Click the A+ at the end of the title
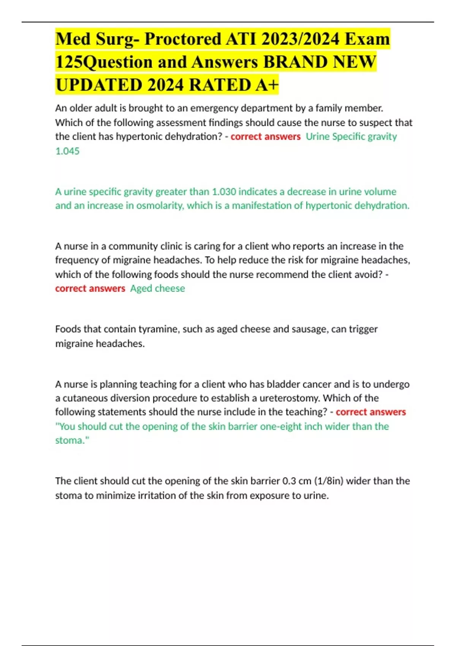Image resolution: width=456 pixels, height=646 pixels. click(x=267, y=85)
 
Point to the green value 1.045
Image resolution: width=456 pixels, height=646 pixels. click(x=67, y=151)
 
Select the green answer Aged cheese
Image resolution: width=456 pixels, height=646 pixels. click(x=157, y=288)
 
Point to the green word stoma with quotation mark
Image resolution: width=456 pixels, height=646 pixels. click(x=72, y=440)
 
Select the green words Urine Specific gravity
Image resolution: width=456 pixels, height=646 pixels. click(x=351, y=136)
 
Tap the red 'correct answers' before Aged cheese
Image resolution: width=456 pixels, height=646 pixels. click(x=90, y=288)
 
